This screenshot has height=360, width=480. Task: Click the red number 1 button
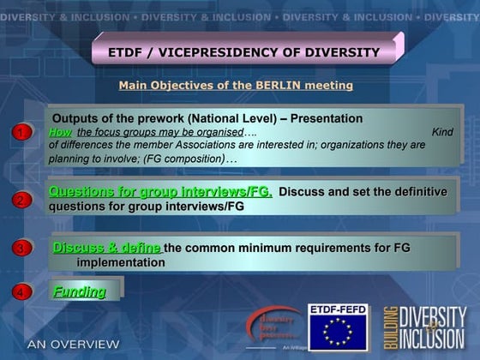tap(20, 133)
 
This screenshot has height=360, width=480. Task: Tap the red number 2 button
tap(20, 200)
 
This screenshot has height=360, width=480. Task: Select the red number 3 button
tap(20, 249)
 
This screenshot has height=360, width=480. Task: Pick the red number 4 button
tap(20, 292)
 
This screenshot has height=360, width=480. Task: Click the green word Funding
tap(80, 291)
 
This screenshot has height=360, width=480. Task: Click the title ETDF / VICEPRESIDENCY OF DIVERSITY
tap(243, 52)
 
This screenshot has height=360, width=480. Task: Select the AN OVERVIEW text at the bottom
tap(73, 344)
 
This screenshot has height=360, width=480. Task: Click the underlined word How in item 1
tap(61, 132)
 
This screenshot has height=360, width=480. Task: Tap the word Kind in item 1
tap(442, 132)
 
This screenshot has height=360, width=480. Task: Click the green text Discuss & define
tap(106, 248)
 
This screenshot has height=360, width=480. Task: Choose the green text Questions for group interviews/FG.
tap(160, 192)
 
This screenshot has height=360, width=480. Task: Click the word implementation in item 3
tap(121, 262)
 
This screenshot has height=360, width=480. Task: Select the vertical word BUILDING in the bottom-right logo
tap(389, 327)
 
